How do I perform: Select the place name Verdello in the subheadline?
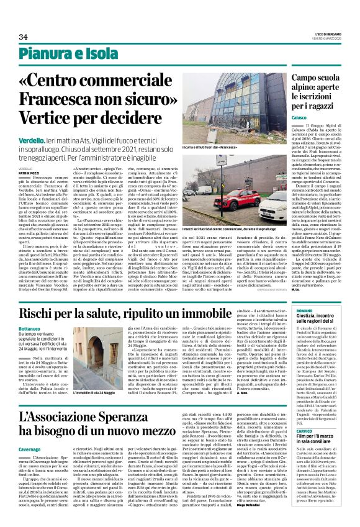click(x=31, y=141)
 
